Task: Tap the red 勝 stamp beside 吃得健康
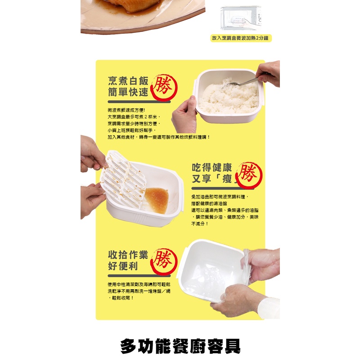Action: tap(249, 175)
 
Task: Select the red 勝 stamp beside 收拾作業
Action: tap(164, 261)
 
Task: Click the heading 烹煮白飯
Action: tap(128, 81)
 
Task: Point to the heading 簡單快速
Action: tap(128, 92)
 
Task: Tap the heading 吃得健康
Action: tap(212, 167)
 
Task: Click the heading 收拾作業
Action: tap(128, 255)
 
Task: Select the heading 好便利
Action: tap(123, 266)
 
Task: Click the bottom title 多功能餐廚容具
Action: tap(180, 346)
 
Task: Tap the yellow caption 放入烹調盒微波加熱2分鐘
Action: tap(241, 38)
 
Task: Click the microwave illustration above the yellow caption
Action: tap(241, 18)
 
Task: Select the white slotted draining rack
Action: tap(123, 179)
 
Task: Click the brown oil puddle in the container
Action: tap(157, 200)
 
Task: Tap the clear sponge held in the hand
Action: tap(246, 266)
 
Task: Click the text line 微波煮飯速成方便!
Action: tap(126, 110)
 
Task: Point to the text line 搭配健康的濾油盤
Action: tap(209, 203)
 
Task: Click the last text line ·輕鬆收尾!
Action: tap(121, 298)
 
